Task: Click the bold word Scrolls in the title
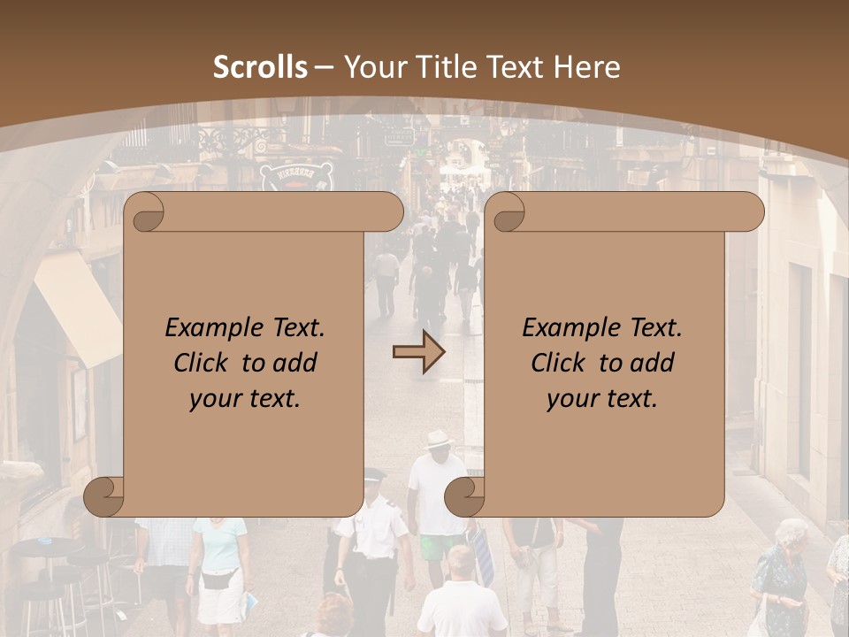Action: tap(260, 67)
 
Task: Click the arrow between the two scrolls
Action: tap(419, 353)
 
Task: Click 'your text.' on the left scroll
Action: tap(245, 399)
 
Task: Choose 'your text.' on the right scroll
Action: tap(602, 399)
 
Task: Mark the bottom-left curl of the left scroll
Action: tap(103, 496)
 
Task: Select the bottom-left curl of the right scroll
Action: tap(463, 496)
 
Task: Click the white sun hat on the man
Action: tap(439, 440)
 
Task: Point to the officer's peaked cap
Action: tap(376, 474)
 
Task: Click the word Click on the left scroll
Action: tap(204, 364)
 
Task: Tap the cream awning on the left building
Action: tap(80, 305)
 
